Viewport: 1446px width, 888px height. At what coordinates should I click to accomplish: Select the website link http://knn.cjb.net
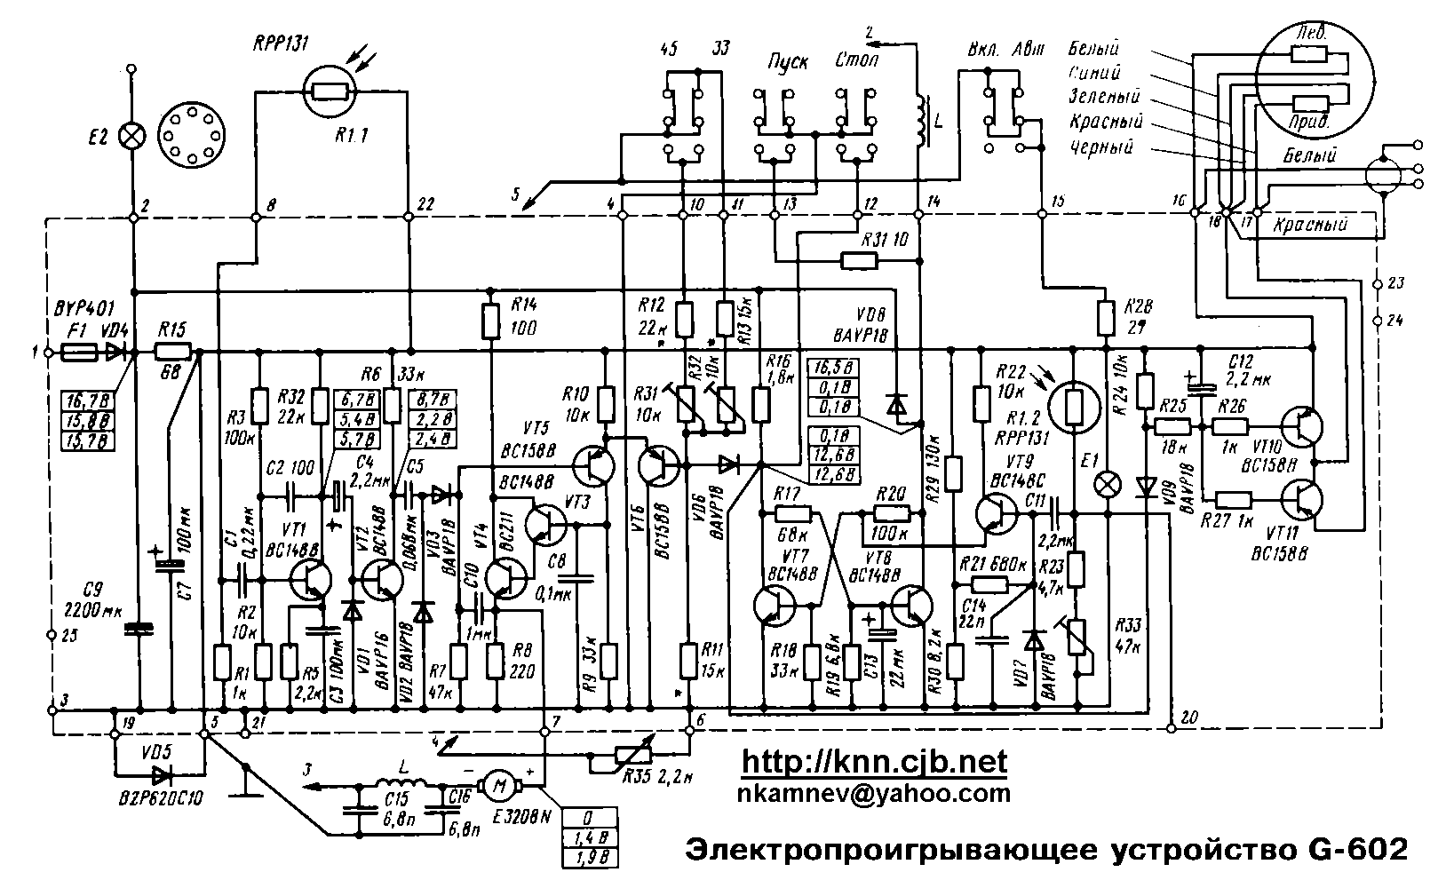[x=874, y=762]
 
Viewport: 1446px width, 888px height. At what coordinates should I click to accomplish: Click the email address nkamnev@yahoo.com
[x=874, y=793]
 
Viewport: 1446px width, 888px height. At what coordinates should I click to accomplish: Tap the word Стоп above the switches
[x=857, y=62]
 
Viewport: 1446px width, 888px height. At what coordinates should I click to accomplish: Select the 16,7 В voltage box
[x=90, y=397]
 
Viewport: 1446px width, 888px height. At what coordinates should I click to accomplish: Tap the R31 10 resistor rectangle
[x=859, y=260]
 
